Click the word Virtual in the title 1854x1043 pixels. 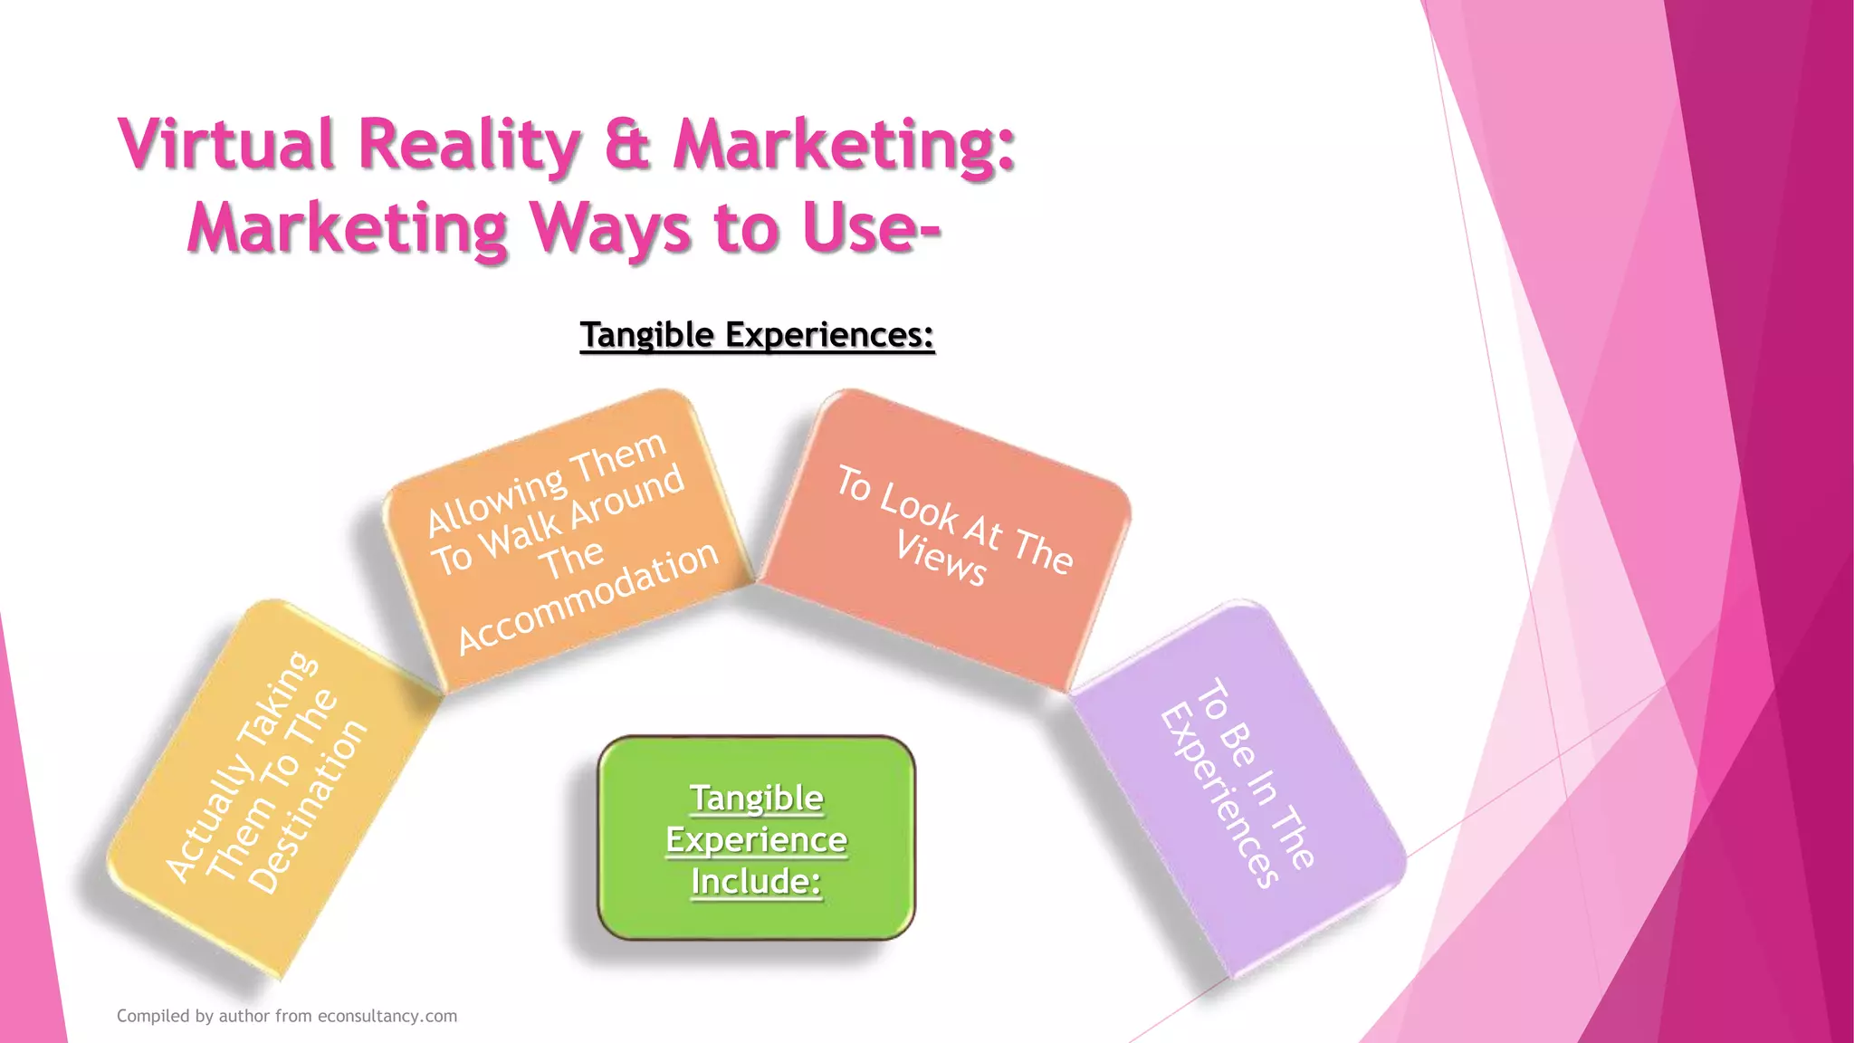tap(225, 145)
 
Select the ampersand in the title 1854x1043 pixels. tap(626, 145)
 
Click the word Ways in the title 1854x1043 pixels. tap(611, 228)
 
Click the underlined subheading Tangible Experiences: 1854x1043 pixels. tap(757, 335)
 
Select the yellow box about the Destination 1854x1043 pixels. tap(272, 788)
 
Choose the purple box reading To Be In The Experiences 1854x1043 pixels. tap(1240, 788)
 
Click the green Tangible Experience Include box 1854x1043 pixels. tap(757, 838)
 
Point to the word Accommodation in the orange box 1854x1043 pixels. tap(588, 598)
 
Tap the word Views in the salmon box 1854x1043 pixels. tap(941, 559)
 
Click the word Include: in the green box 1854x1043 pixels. tap(756, 881)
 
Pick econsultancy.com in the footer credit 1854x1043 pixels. tap(387, 1016)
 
